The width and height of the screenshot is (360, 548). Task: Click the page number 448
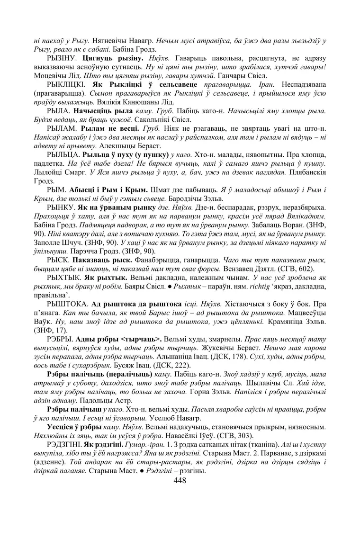180,480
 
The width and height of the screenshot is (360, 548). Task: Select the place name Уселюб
163,418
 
